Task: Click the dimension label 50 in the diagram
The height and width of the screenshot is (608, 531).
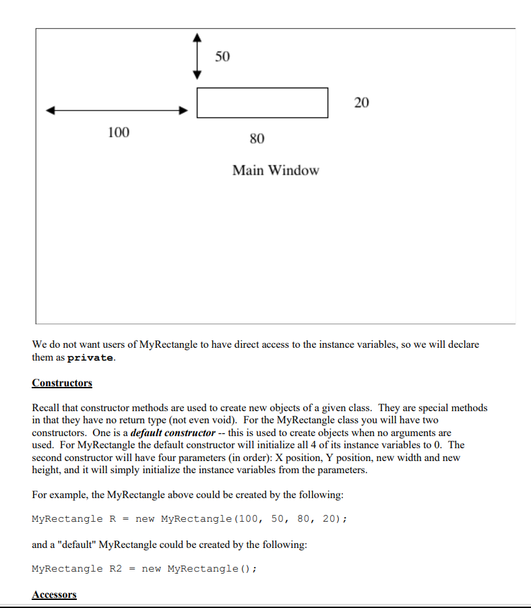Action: pyautogui.click(x=222, y=57)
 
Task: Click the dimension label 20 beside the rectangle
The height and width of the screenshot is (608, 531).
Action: pyautogui.click(x=361, y=102)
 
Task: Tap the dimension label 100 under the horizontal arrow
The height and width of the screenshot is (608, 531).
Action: pyautogui.click(x=119, y=132)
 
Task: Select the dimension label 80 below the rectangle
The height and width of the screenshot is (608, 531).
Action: pyautogui.click(x=257, y=139)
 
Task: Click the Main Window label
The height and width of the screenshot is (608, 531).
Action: pyautogui.click(x=276, y=171)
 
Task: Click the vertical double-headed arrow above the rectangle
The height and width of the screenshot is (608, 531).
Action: pyautogui.click(x=197, y=57)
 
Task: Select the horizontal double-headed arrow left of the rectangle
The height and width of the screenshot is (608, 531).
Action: pyautogui.click(x=116, y=111)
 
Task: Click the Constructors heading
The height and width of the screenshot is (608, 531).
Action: pyautogui.click(x=62, y=383)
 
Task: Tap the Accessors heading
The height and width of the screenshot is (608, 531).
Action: pyautogui.click(x=54, y=595)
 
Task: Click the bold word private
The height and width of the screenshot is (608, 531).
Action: pyautogui.click(x=91, y=358)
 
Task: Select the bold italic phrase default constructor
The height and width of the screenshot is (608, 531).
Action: pyautogui.click(x=173, y=433)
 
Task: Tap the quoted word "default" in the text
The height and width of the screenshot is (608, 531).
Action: pyautogui.click(x=74, y=544)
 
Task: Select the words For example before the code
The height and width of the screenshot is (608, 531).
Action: pyautogui.click(x=59, y=495)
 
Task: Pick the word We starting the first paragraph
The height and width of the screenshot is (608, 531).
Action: pyautogui.click(x=39, y=344)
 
